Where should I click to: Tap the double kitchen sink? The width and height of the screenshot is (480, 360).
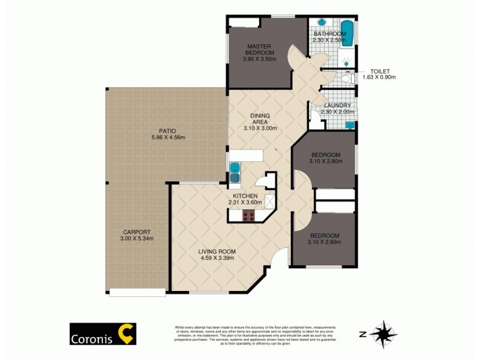tap(235, 172)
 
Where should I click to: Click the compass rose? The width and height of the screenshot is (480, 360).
tap(383, 333)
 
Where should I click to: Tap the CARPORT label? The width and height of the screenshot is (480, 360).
tap(137, 232)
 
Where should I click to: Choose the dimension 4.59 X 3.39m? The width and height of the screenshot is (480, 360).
tap(217, 258)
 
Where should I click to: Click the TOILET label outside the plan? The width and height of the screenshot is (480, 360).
tap(380, 71)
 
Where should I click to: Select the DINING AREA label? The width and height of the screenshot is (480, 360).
tap(261, 118)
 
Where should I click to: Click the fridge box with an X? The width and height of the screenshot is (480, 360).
tap(270, 202)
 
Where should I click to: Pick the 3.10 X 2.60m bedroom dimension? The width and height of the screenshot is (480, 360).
tap(325, 242)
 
